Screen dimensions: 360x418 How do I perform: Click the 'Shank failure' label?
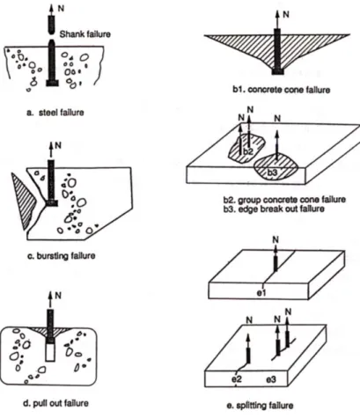pos(85,34)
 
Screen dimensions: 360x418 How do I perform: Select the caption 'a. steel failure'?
pos(55,113)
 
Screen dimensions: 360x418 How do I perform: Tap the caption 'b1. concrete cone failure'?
pos(282,90)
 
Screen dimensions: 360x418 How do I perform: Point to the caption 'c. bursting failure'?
pos(62,256)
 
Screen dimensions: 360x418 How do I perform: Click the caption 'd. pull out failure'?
pos(55,403)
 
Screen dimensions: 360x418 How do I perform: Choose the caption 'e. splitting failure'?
pos(260,406)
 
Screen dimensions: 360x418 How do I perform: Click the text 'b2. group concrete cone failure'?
pos(284,200)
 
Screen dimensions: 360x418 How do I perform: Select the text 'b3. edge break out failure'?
pos(274,209)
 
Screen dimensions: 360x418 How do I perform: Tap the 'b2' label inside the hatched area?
pos(248,151)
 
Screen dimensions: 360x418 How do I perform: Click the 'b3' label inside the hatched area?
pos(272,172)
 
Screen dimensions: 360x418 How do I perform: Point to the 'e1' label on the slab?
pos(261,292)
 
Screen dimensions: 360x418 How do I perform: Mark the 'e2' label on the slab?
pos(237,379)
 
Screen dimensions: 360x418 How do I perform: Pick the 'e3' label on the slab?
pos(271,379)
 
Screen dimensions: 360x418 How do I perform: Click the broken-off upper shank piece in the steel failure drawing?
pos(52,25)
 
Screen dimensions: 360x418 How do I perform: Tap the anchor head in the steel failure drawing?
pos(52,83)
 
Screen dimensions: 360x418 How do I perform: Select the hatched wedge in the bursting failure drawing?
pos(23,201)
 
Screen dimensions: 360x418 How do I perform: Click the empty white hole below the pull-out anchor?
pos(50,352)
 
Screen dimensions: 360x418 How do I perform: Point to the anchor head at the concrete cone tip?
pos(277,71)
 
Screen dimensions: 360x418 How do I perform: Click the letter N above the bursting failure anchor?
pos(58,145)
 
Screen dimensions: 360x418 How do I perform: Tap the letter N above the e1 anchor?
pos(276,239)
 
